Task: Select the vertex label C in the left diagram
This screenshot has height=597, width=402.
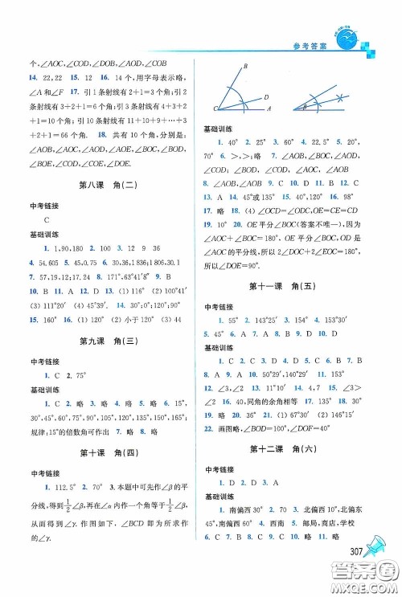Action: point(215,108)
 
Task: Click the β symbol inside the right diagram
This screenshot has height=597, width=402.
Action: point(308,104)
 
